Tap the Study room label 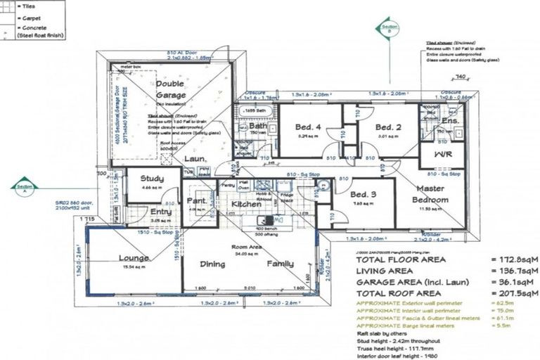(152, 179)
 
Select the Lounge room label (133, 258)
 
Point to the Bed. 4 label (307, 127)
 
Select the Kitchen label (247, 205)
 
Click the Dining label (212, 264)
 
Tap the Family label (281, 264)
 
